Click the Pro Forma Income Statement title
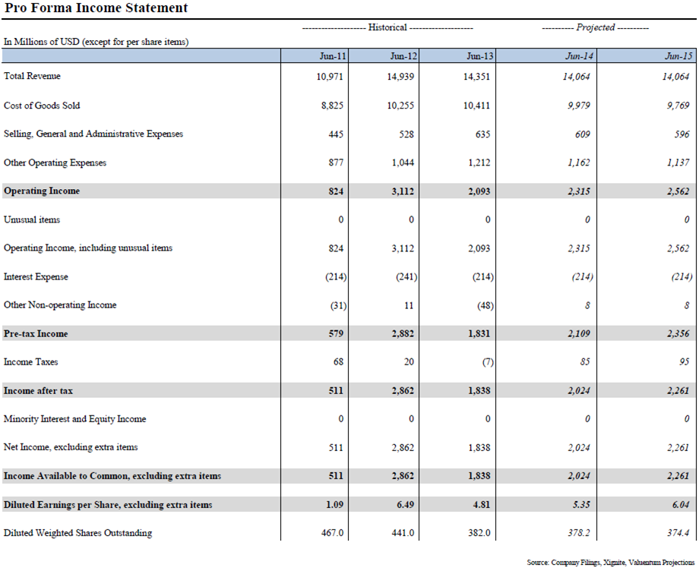(96, 9)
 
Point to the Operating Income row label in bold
(42, 191)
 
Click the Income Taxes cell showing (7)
(487, 362)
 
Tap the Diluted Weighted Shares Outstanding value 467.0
(332, 533)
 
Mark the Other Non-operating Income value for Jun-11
(335, 305)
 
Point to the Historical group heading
(387, 27)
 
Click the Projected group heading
(595, 27)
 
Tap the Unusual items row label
(32, 220)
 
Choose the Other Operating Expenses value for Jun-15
(677, 163)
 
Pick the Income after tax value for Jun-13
(478, 391)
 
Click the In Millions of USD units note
(96, 43)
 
